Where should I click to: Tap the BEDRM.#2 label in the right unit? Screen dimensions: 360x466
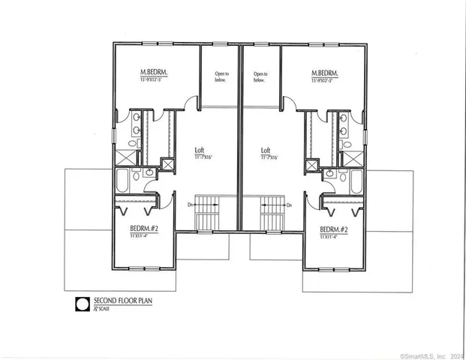pos(332,229)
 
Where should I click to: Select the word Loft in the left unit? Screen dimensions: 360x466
pos(200,149)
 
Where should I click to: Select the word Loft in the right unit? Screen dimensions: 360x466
pos(266,149)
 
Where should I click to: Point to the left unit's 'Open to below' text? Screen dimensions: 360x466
pos(221,76)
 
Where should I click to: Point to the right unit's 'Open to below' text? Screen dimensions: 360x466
pos(260,76)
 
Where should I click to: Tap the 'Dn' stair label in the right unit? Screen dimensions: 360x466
pos(289,204)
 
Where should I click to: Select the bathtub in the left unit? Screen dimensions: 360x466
pos(123,179)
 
